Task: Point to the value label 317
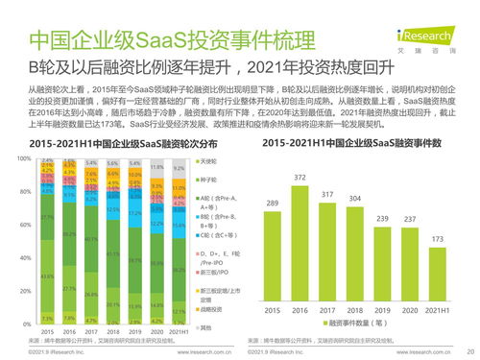point(327,195)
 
